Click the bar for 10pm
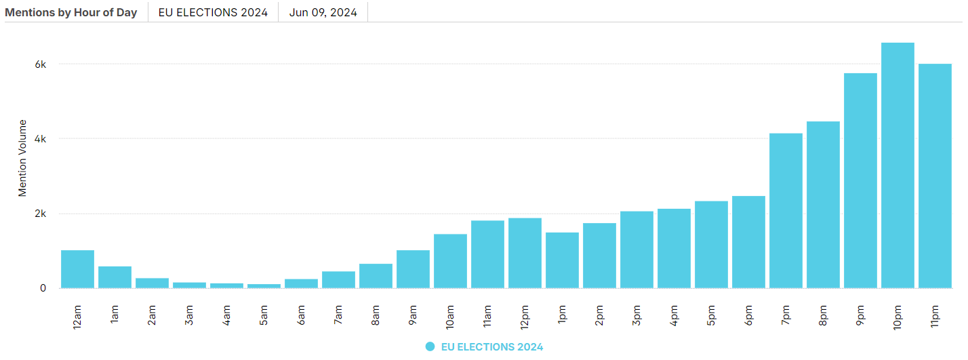coord(898,165)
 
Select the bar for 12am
coord(77,269)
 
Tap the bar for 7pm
coord(786,211)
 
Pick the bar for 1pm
coord(562,260)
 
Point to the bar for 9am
coord(413,269)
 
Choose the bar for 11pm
coord(935,176)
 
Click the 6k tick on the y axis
coord(41,64)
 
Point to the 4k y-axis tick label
coord(41,139)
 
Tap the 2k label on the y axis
coord(41,214)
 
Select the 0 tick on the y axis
coord(43,288)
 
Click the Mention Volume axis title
coord(22,158)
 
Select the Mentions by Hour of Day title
coord(71,12)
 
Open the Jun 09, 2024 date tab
coord(323,12)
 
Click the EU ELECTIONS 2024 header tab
coord(213,12)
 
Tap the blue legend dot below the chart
coord(430,346)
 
